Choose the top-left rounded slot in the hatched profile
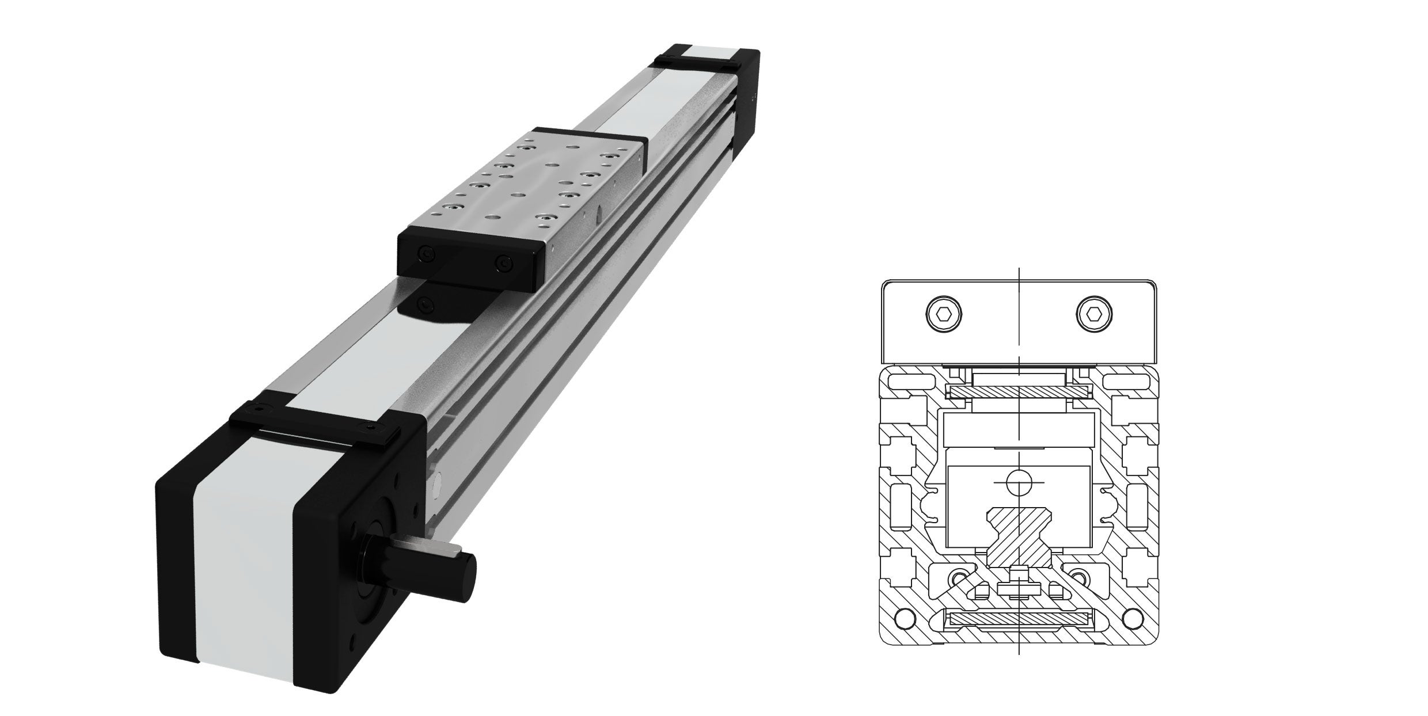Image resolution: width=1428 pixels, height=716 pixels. click(x=911, y=382)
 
